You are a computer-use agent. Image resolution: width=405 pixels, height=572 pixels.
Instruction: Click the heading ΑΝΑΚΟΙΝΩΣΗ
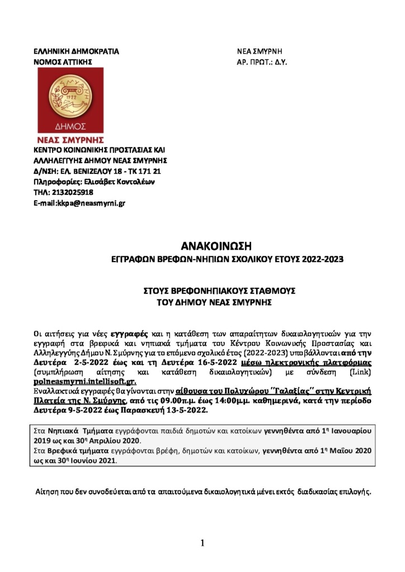(214, 245)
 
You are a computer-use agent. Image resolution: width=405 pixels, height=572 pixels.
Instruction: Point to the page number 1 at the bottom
(202, 542)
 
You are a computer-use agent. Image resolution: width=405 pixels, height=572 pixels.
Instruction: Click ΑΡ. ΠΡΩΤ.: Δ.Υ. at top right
(261, 61)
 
